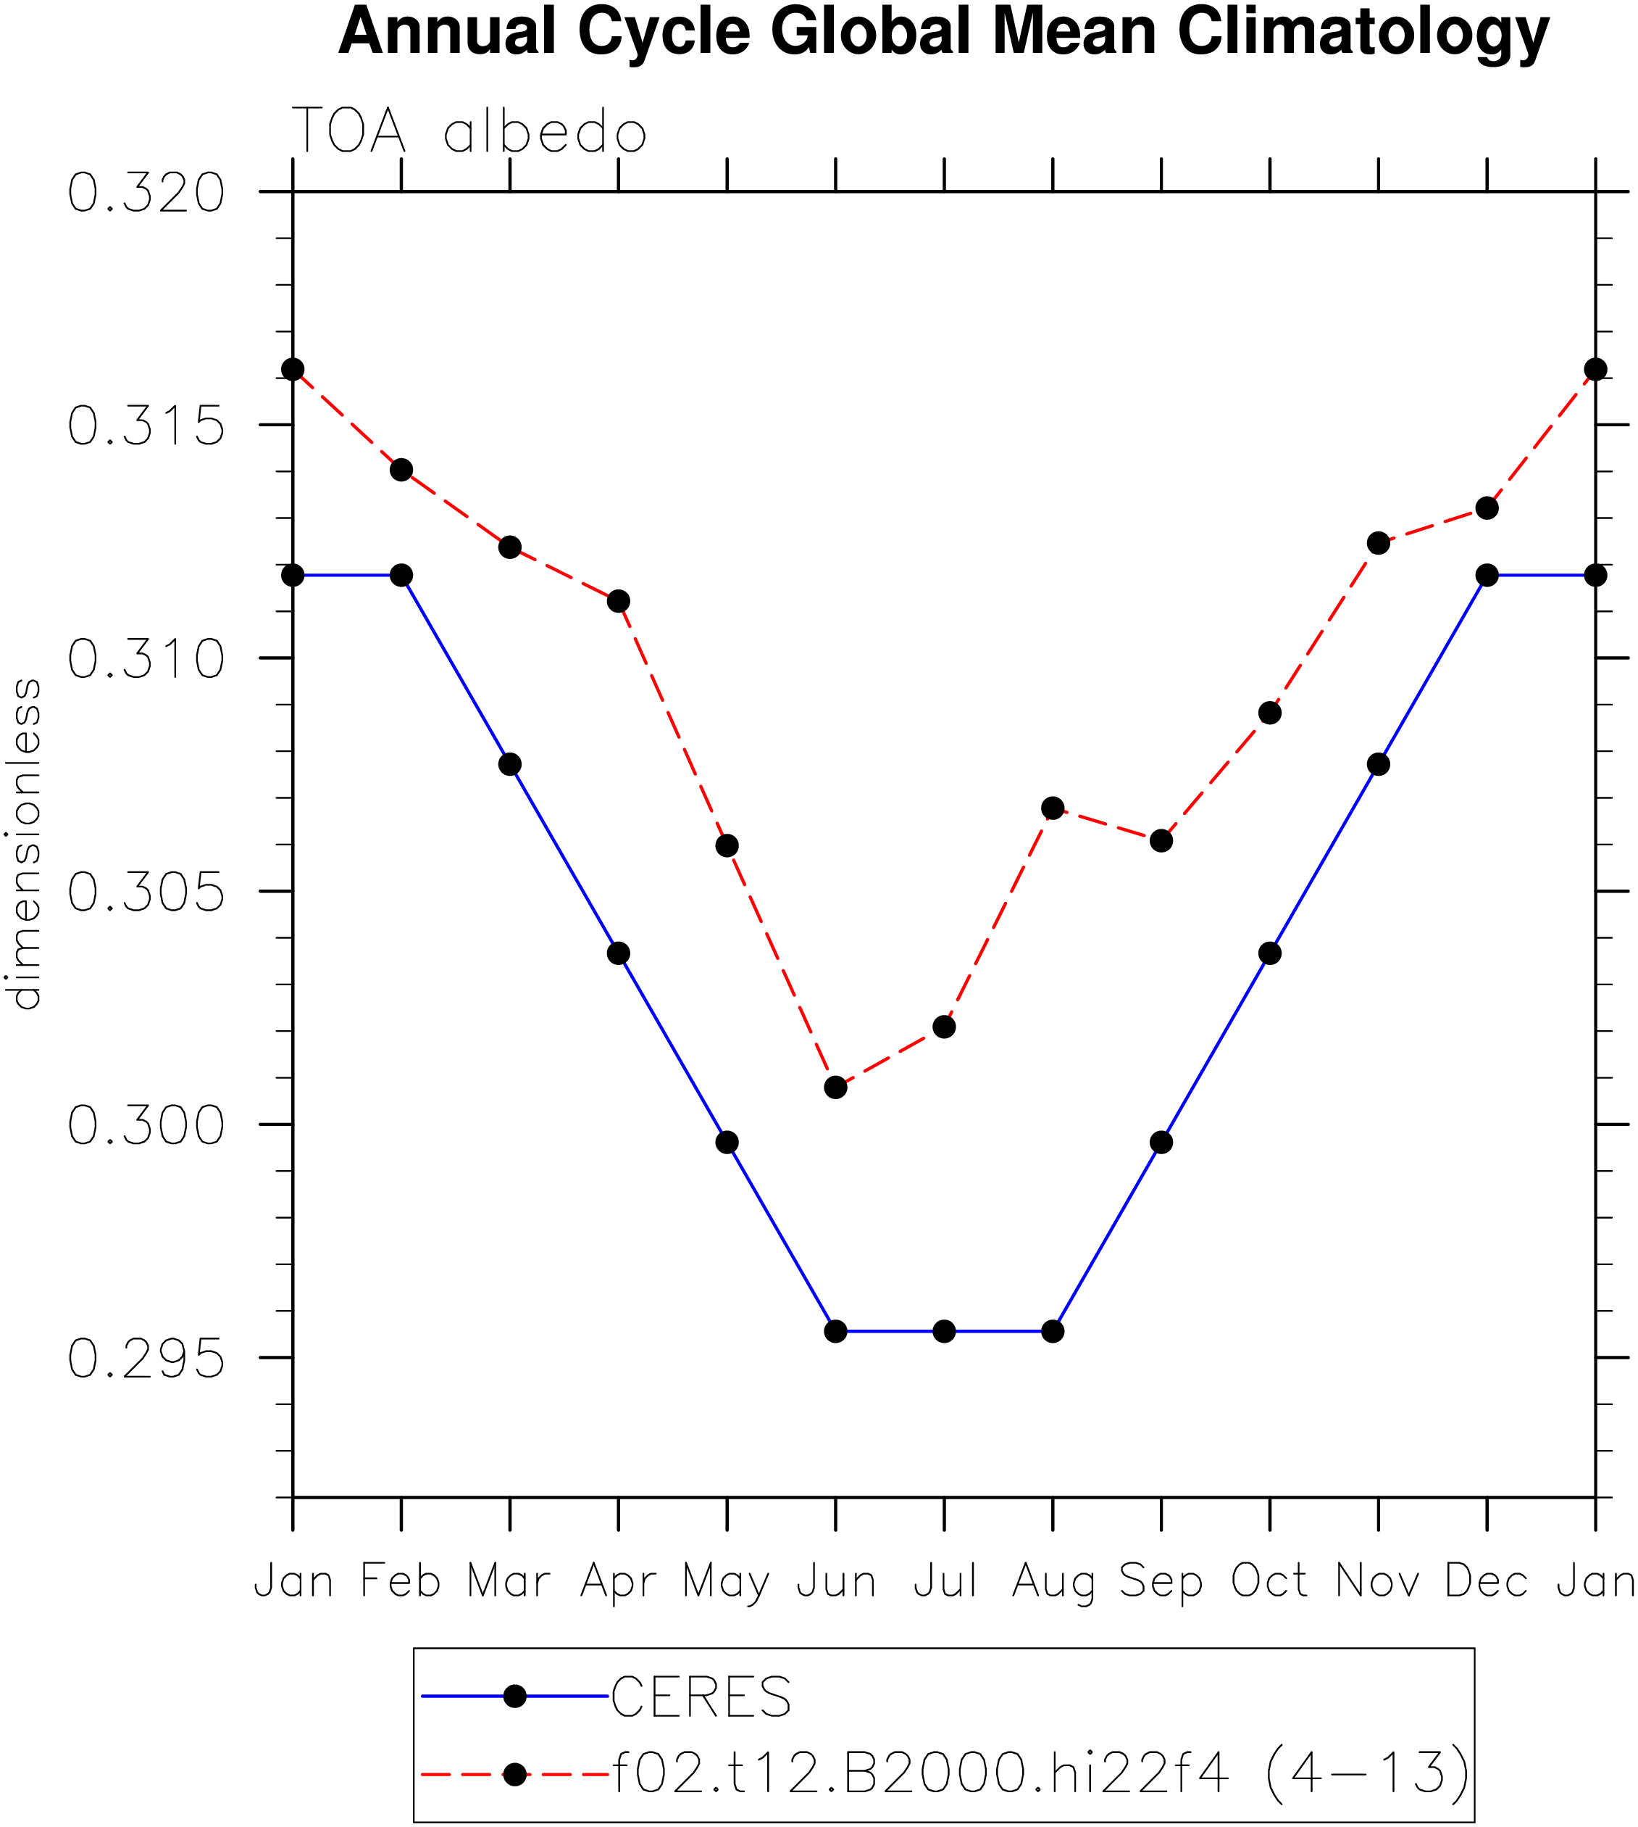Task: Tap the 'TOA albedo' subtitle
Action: [x=469, y=130]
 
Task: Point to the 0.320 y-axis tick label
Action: [x=146, y=193]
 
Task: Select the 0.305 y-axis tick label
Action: [x=146, y=892]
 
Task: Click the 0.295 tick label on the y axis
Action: [x=146, y=1359]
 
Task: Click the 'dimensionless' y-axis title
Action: [x=25, y=845]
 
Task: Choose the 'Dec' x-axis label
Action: [x=1487, y=1581]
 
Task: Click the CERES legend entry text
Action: [x=701, y=1697]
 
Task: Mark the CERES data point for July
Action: [x=944, y=1331]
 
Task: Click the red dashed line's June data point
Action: [x=836, y=1087]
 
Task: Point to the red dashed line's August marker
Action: [x=1053, y=808]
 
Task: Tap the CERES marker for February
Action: [x=401, y=574]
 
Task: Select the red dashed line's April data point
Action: [x=618, y=600]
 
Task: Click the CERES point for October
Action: [x=1270, y=953]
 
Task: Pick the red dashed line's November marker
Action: [x=1379, y=543]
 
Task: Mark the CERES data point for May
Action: [x=727, y=1142]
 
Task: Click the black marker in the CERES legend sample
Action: [x=515, y=1696]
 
